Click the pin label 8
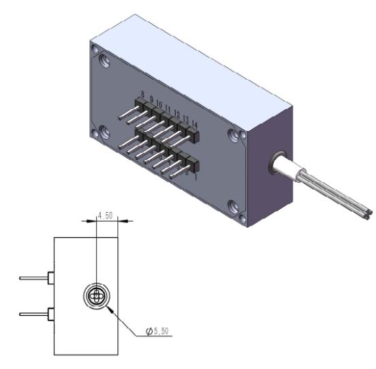[x=142, y=94]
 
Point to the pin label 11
[x=168, y=108]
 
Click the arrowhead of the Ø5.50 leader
[x=108, y=306]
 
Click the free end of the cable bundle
[x=366, y=213]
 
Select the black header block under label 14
[x=191, y=136]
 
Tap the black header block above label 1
[x=191, y=164]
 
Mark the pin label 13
[x=185, y=118]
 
